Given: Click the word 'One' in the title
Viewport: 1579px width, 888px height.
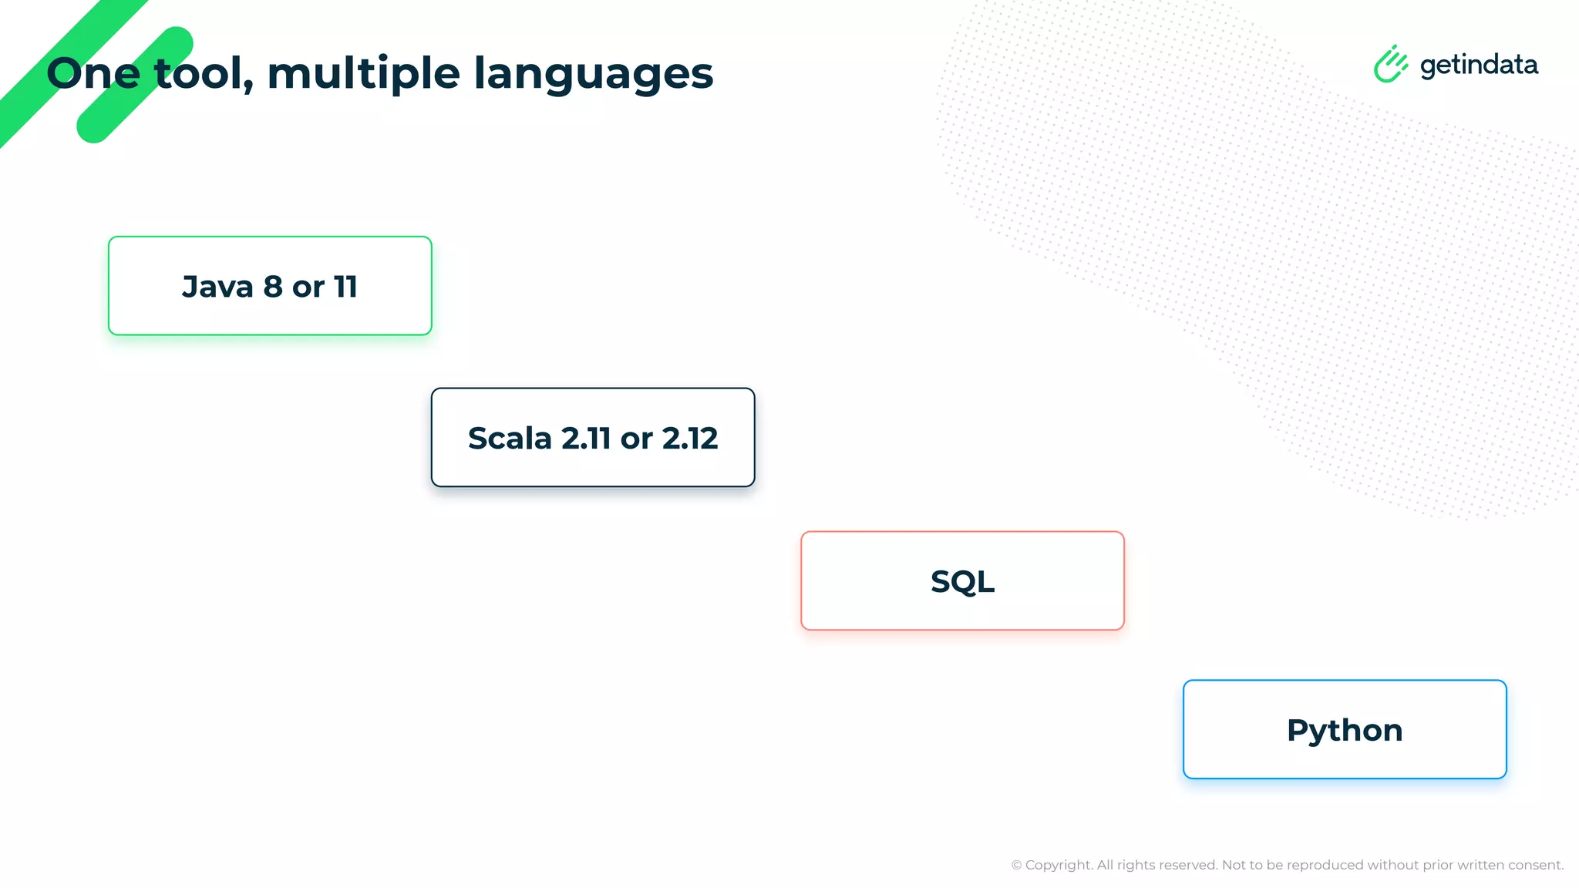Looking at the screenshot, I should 93,73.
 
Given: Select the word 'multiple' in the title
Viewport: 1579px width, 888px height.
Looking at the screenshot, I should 363,74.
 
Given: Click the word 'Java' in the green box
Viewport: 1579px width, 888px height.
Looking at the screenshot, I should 217,287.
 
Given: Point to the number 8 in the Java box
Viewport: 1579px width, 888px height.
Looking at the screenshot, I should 273,287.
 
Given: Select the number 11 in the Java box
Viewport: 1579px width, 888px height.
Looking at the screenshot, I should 345,287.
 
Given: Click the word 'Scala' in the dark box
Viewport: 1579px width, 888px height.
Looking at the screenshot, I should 510,439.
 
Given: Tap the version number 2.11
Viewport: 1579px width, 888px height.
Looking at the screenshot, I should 586,439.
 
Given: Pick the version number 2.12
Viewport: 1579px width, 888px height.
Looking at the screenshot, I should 689,439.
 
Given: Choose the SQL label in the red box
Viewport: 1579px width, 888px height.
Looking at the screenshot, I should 962,581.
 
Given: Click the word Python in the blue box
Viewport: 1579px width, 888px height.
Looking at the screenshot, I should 1345,731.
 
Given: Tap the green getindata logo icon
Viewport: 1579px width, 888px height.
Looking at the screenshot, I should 1390,64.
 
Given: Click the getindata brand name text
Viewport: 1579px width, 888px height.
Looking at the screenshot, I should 1479,66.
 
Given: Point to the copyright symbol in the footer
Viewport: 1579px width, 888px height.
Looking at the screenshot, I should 1016,865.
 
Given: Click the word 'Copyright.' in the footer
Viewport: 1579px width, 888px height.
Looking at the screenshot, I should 1059,865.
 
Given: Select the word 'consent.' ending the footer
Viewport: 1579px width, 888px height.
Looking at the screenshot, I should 1536,865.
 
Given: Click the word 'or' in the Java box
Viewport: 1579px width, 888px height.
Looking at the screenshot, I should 308,288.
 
